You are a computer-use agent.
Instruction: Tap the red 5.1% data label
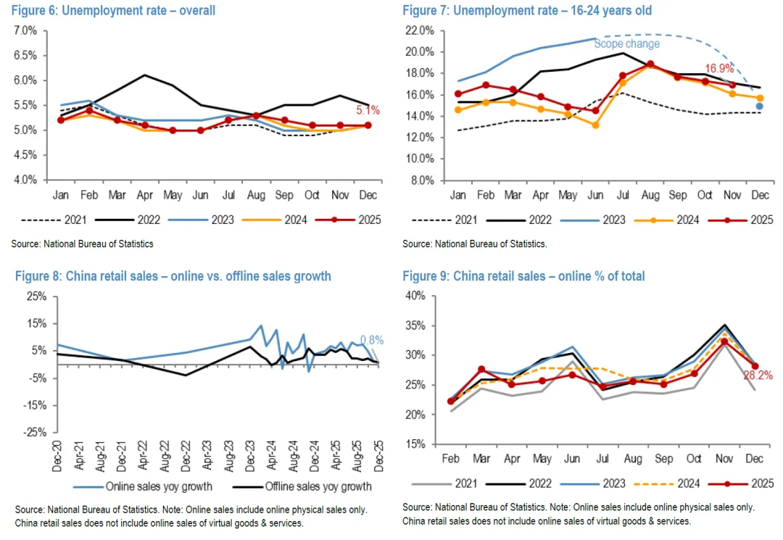coord(367,112)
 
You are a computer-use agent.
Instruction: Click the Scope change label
coord(627,44)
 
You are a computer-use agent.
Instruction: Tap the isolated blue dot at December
coord(759,107)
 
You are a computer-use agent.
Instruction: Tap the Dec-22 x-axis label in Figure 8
coord(186,453)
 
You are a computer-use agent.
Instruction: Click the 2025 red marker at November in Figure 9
coord(724,341)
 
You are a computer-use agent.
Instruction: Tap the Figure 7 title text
coord(527,11)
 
